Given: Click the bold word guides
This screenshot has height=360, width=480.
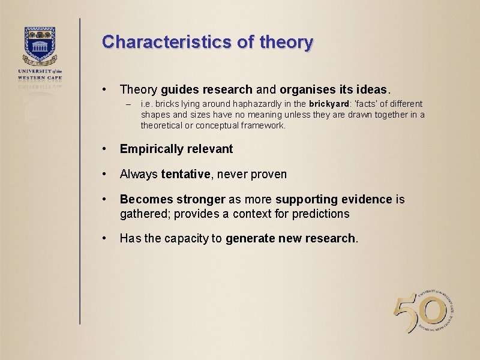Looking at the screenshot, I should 179,90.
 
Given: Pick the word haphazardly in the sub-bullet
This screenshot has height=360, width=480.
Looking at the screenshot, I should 245,104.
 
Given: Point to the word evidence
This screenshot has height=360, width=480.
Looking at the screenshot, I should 368,199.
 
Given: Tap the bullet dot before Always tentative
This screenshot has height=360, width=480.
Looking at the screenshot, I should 105,174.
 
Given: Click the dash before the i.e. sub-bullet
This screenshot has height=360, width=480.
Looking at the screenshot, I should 128,104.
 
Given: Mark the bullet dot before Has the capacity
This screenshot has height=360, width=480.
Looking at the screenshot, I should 105,238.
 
